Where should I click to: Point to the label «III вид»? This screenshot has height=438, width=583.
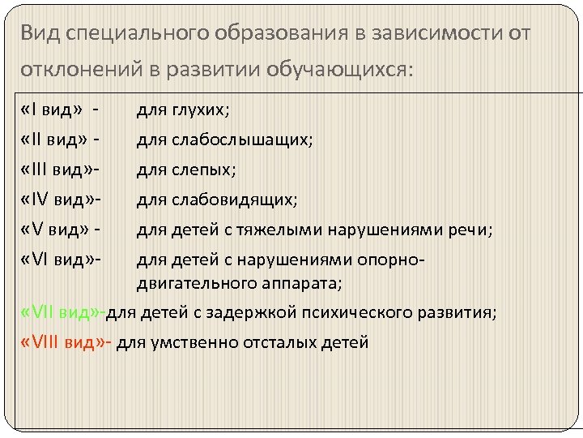pos(57,170)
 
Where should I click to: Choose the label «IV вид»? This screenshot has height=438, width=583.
pos(57,200)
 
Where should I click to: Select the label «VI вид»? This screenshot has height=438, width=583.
pos(57,260)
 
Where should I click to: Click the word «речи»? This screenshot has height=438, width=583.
pos(470,230)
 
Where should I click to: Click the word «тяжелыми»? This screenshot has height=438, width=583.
pos(275,230)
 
